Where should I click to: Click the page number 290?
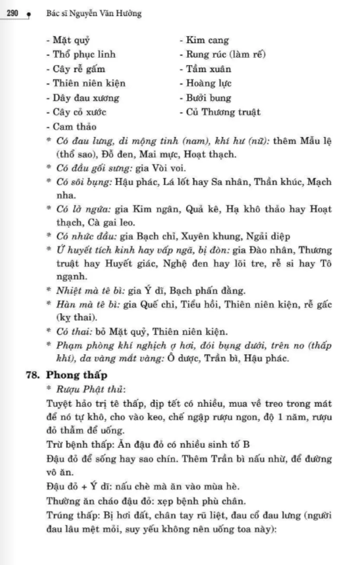(12, 14)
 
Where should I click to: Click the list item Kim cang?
(207, 40)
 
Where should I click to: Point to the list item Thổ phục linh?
(84, 55)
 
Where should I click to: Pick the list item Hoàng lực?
(209, 84)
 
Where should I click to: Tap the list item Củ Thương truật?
(223, 112)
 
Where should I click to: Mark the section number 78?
(33, 375)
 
